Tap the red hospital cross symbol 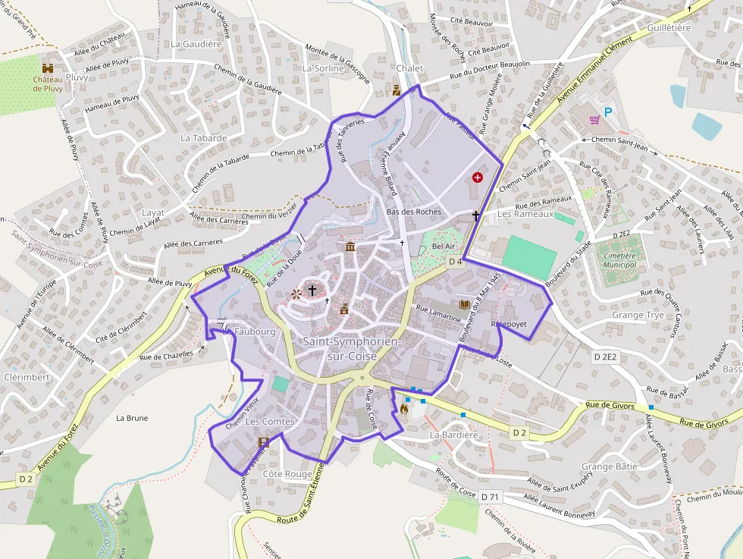[478, 177]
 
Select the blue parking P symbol [608, 112]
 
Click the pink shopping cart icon [595, 119]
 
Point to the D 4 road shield [455, 262]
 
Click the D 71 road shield [491, 496]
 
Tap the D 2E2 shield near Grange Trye [606, 356]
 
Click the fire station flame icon [404, 410]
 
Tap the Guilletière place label [669, 27]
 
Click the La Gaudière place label [196, 44]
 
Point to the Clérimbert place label [27, 376]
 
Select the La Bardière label [454, 435]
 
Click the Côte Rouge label [287, 473]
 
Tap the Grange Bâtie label [610, 466]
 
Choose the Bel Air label [444, 247]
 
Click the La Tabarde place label [204, 138]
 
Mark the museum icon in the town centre [350, 247]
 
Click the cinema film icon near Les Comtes [264, 441]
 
